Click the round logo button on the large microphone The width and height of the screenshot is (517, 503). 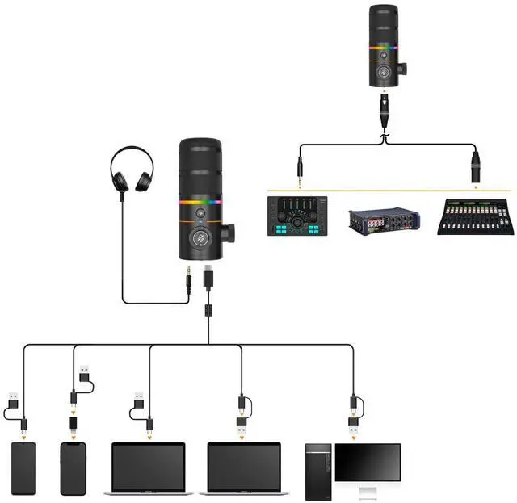click(200, 238)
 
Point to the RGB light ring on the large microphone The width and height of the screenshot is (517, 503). click(200, 203)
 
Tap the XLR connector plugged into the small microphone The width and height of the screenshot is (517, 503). click(383, 106)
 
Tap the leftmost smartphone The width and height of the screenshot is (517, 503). click(23, 468)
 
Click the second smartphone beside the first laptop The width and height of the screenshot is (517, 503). click(73, 468)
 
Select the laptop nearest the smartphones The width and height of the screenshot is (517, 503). click(148, 468)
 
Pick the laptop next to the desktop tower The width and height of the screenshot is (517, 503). click(244, 468)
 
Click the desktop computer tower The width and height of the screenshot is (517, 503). click(318, 471)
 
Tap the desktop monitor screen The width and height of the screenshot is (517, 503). click(368, 462)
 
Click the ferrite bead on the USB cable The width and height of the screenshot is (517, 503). click(208, 308)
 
